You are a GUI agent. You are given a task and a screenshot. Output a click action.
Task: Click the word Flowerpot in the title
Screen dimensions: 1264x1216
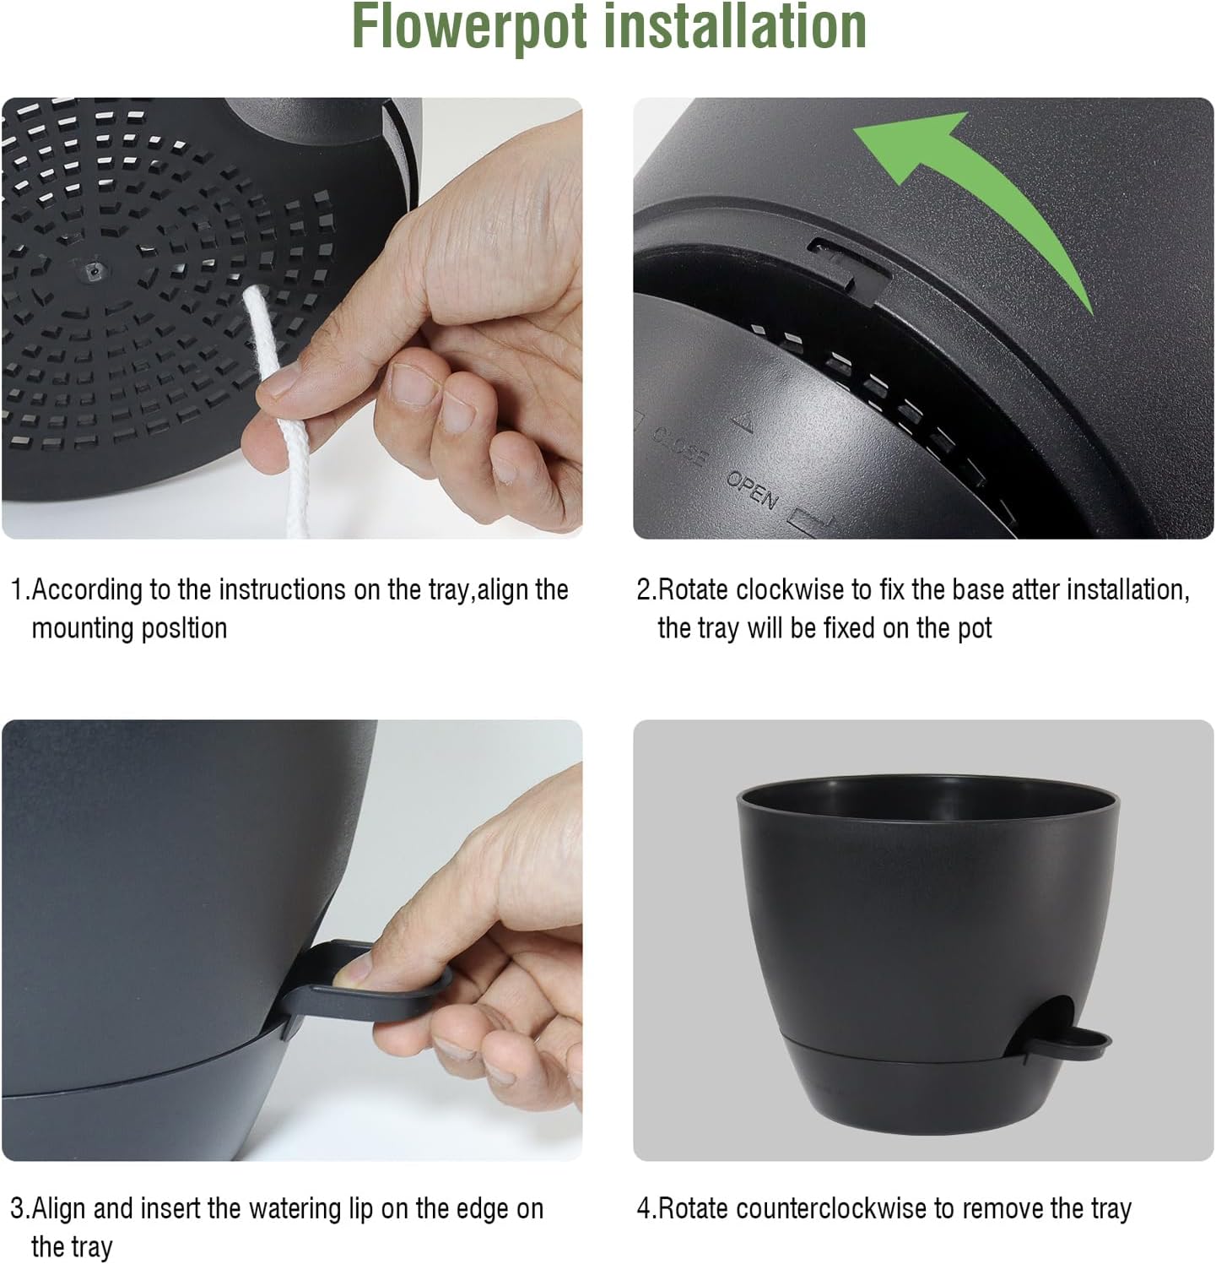point(467,27)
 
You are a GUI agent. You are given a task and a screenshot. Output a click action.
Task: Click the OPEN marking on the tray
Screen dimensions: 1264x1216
point(751,489)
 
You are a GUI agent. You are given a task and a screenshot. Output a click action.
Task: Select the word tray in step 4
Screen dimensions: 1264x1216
point(1111,1208)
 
